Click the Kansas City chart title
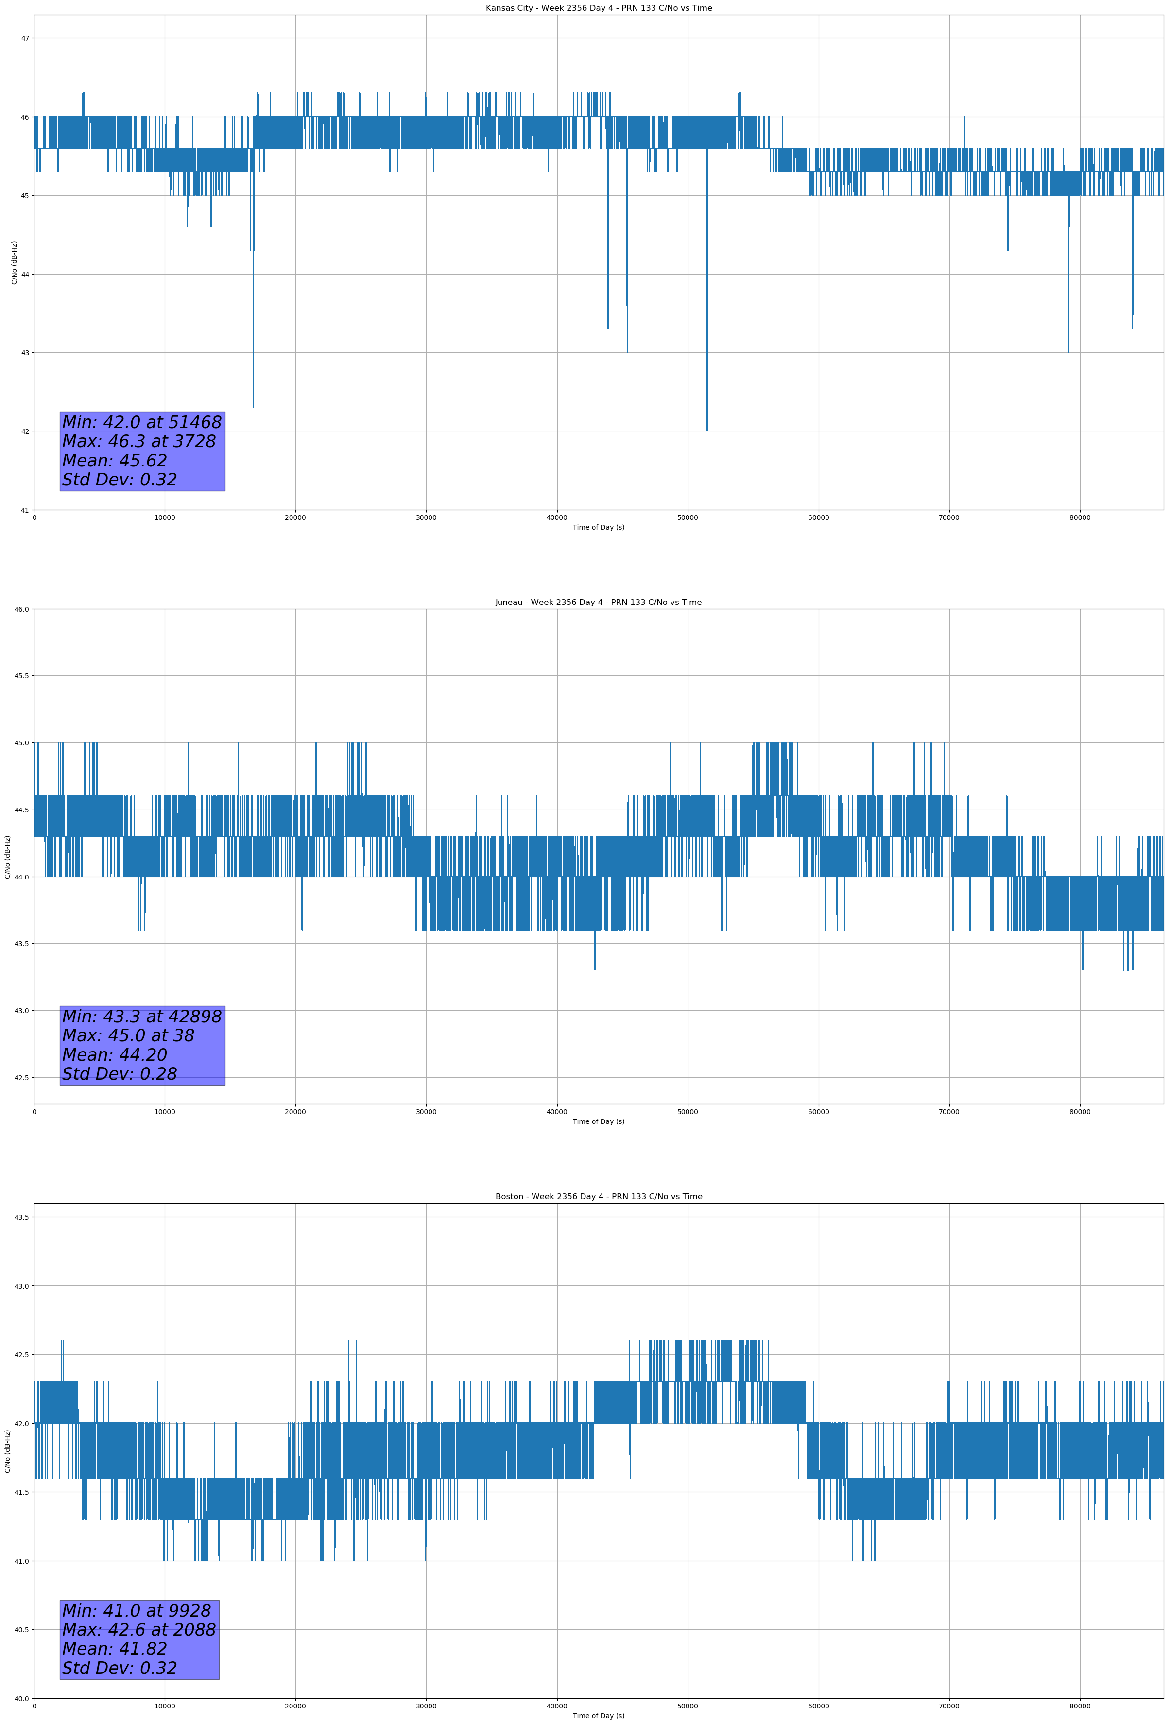pyautogui.click(x=598, y=8)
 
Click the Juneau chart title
pyautogui.click(x=598, y=603)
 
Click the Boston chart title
pyautogui.click(x=598, y=1197)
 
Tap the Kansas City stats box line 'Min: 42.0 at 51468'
pyautogui.click(x=142, y=422)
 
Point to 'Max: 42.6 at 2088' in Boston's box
pyautogui.click(x=139, y=1630)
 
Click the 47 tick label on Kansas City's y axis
pyautogui.click(x=24, y=38)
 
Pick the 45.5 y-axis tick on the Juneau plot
pyautogui.click(x=21, y=676)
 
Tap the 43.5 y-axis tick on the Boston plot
pyautogui.click(x=21, y=1217)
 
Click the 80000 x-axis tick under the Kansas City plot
pyautogui.click(x=1080, y=518)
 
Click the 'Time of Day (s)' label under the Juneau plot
pyautogui.click(x=598, y=1121)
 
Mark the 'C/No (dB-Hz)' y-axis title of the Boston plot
pyautogui.click(x=7, y=1451)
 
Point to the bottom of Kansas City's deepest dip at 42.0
pyautogui.click(x=707, y=430)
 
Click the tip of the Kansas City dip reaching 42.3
pyautogui.click(x=254, y=407)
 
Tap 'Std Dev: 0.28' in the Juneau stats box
pyautogui.click(x=120, y=1074)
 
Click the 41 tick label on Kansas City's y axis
pyautogui.click(x=24, y=510)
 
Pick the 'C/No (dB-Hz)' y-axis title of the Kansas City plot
pyautogui.click(x=14, y=262)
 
